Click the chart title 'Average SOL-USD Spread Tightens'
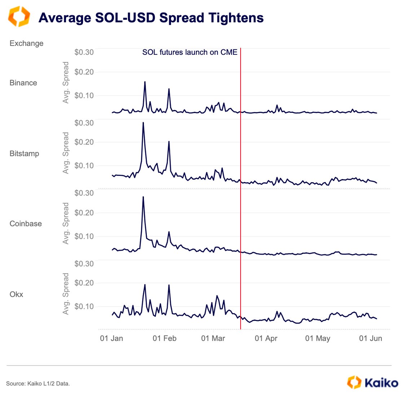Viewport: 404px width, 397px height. pos(151,18)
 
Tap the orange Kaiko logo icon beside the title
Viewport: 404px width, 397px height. pos(19,17)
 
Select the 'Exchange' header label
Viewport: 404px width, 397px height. pos(26,43)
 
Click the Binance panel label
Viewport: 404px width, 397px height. pos(23,83)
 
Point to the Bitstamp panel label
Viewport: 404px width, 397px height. pos(24,153)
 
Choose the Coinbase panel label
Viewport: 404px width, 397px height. pos(26,224)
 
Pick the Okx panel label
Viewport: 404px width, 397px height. pos(16,294)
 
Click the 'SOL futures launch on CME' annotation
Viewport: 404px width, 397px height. pos(190,52)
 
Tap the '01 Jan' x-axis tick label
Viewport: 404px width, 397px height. pos(111,338)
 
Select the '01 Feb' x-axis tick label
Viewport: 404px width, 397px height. pos(164,338)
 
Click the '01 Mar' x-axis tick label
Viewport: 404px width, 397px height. pos(213,338)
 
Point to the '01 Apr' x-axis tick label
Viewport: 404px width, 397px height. pos(266,338)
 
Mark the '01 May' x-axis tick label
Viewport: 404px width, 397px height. pos(317,338)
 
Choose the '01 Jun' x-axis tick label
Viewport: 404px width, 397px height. pos(370,338)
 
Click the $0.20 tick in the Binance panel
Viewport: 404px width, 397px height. pos(84,72)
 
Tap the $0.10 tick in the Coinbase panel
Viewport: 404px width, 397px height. pos(84,236)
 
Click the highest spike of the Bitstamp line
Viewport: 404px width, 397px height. pos(143,123)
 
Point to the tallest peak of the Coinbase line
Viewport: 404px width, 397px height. pos(143,197)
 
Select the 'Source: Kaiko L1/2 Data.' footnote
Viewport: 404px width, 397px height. pos(38,384)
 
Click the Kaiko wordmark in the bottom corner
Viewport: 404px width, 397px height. pos(381,382)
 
